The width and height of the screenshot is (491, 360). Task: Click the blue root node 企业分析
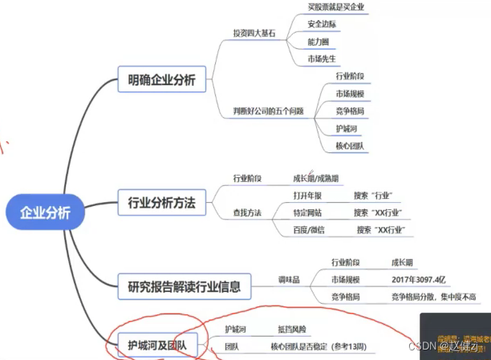coord(45,212)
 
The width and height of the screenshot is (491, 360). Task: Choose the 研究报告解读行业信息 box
coord(184,284)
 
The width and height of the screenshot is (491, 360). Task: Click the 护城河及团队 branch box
coord(156,346)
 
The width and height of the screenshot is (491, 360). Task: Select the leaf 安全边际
coord(323,24)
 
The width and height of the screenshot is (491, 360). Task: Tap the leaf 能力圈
coord(319,42)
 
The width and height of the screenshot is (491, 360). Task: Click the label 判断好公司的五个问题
coord(268,111)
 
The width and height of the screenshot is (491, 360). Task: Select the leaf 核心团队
coord(351,145)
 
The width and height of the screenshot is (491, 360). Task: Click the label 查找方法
coord(247,212)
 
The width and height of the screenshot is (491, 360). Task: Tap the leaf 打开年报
coord(308,195)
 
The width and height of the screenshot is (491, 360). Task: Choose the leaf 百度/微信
coord(310,230)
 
